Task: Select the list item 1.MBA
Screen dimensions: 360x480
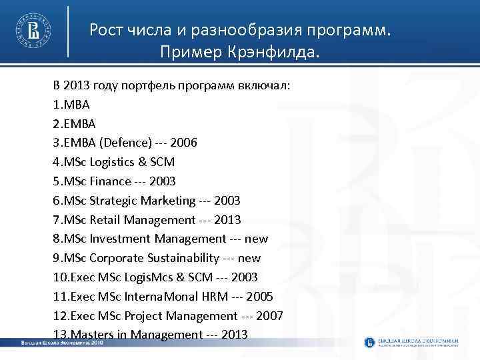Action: click(71, 105)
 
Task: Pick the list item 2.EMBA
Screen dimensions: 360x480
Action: click(75, 123)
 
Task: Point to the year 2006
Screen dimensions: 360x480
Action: click(183, 143)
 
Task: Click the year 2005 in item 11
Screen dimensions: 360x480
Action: click(259, 296)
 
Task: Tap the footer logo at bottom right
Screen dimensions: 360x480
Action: click(411, 342)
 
